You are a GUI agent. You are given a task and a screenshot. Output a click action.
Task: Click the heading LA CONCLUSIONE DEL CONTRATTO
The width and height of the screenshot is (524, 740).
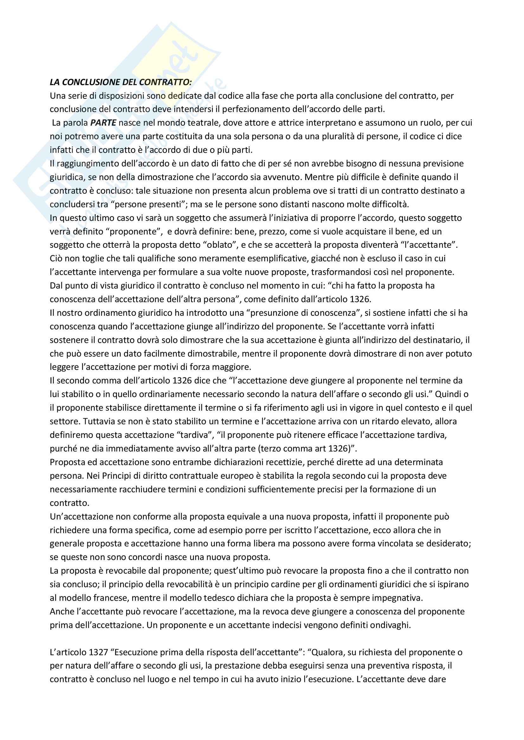(121, 82)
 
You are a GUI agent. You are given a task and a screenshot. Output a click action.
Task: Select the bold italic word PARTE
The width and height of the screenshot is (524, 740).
(103, 123)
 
